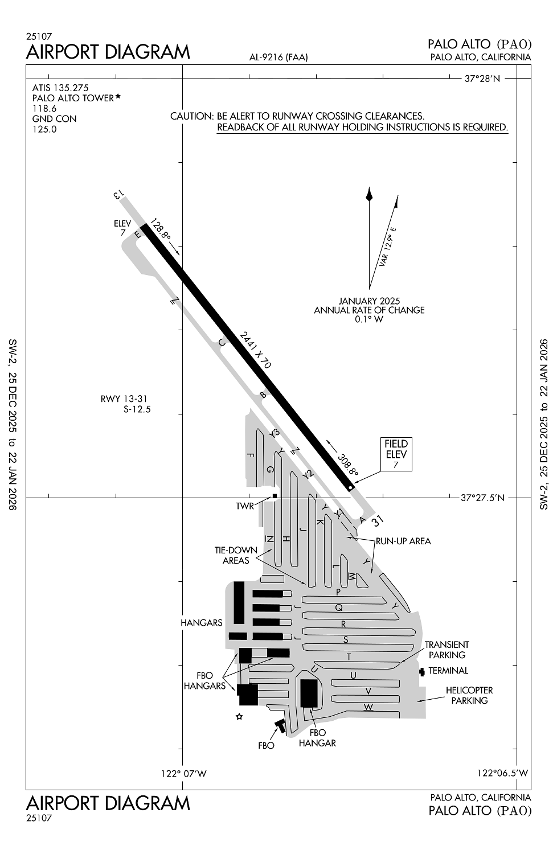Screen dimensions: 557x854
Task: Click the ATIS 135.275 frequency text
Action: tap(60, 88)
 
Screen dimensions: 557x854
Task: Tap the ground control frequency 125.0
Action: tap(44, 129)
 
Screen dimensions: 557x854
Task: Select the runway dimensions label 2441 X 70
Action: tap(255, 350)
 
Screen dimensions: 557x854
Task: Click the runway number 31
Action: tap(377, 521)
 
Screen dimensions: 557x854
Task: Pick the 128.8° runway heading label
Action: tap(160, 229)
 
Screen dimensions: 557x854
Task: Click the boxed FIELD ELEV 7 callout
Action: tap(396, 454)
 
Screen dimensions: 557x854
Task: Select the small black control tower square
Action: tap(275, 496)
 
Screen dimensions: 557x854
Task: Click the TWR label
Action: tap(245, 506)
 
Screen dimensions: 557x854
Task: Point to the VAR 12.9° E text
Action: tap(388, 247)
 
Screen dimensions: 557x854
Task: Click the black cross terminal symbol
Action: tap(421, 672)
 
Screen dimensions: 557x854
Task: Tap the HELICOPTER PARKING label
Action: tap(469, 695)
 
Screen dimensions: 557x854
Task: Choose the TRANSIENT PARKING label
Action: tap(447, 650)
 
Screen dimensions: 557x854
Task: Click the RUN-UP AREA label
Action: tap(403, 541)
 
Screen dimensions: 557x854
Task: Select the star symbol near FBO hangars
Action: tap(239, 717)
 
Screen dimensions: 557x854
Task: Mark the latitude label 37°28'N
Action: tap(482, 79)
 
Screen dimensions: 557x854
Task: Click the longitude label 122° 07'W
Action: tap(183, 774)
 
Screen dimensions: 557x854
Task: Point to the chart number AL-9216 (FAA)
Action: tap(278, 57)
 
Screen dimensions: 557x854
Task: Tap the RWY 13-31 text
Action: tap(124, 399)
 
